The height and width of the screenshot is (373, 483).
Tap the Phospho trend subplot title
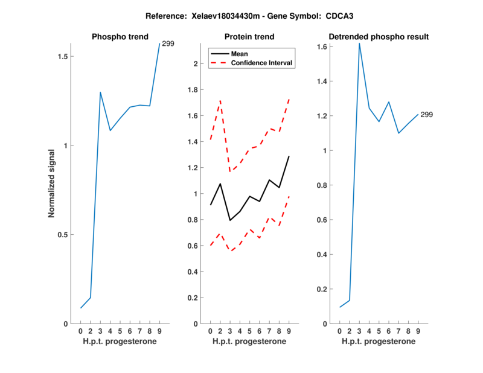(x=120, y=37)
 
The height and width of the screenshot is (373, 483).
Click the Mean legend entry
(x=240, y=54)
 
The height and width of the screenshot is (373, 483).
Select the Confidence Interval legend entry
(x=263, y=63)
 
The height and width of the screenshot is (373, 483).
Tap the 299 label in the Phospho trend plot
(x=168, y=44)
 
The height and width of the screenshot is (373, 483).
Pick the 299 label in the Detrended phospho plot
(x=426, y=115)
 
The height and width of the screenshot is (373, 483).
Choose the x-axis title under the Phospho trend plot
(x=120, y=342)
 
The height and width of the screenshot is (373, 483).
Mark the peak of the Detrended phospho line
(x=359, y=43)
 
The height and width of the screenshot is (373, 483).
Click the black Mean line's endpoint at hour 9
(x=289, y=156)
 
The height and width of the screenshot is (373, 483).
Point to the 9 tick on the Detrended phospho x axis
(x=418, y=331)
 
